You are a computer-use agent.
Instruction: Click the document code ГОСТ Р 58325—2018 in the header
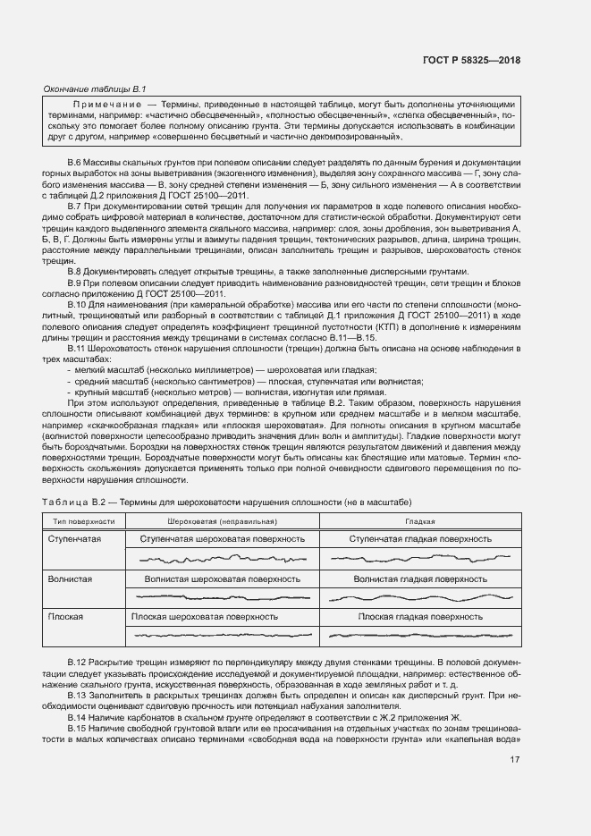[x=470, y=60]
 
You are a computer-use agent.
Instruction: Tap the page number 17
[x=514, y=760]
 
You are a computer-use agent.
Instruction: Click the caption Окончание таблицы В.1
[x=95, y=89]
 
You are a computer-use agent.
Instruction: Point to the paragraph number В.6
[x=75, y=162]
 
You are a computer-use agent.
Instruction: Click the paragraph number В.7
[x=75, y=207]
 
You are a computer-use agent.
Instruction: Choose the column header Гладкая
[x=420, y=520]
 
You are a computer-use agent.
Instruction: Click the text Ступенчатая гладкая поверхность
[x=420, y=539]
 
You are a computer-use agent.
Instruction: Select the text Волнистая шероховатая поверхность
[x=223, y=579]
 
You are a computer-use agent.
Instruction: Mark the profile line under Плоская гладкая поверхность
[x=420, y=635]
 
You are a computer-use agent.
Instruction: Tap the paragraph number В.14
[x=78, y=717]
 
